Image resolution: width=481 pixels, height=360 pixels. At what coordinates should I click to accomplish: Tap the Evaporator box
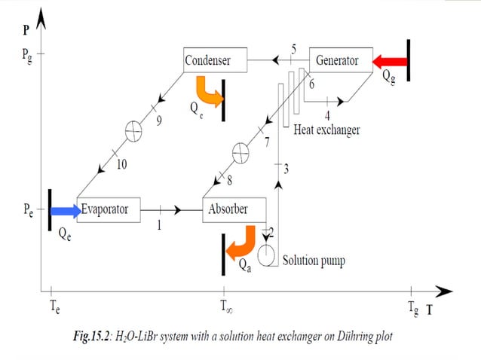(109, 209)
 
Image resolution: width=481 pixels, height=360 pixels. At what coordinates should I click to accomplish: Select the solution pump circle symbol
(267, 255)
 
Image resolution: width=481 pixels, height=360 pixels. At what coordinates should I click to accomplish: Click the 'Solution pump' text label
(314, 261)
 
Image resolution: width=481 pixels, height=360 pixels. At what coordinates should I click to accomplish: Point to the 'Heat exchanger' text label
(326, 130)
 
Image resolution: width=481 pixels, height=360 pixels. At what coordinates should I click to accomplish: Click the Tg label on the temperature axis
(412, 308)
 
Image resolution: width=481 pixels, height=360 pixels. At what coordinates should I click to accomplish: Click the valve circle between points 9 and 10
(133, 130)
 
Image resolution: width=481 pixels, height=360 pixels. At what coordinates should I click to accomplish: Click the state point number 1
(159, 223)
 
